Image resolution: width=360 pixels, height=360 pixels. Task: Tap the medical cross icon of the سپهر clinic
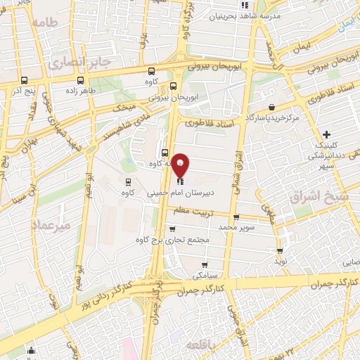[326, 134]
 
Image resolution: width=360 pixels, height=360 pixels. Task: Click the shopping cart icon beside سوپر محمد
[236, 217]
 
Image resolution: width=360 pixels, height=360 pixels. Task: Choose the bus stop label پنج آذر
[25, 91]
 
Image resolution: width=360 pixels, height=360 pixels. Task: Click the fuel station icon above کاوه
[127, 181]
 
